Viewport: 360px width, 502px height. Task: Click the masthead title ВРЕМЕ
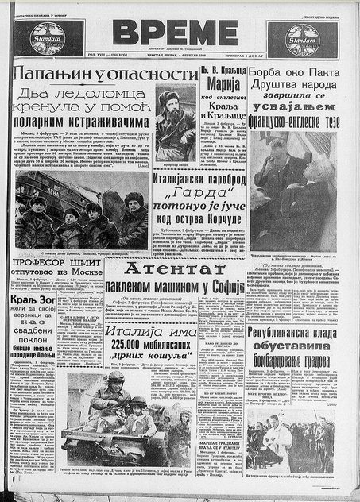pos(174,32)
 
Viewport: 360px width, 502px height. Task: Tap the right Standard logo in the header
pos(302,37)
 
